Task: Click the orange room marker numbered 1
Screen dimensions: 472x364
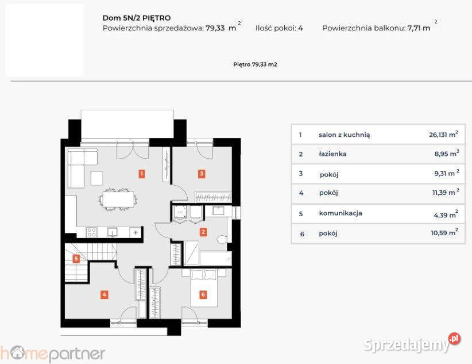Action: point(141,174)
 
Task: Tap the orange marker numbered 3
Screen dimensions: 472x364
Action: point(202,174)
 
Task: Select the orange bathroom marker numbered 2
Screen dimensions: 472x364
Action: point(203,232)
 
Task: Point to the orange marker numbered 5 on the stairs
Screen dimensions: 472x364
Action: point(76,258)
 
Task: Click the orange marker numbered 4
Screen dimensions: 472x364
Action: point(104,294)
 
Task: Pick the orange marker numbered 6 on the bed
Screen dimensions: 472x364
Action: point(203,294)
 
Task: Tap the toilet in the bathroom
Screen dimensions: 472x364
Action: point(222,239)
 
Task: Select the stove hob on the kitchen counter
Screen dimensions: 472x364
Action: point(91,232)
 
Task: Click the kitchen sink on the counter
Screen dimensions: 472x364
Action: point(113,232)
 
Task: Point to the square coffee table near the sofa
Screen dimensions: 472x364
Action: point(96,178)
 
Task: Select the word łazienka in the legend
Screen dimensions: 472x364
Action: point(332,154)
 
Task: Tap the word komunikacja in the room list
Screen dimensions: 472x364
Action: point(341,213)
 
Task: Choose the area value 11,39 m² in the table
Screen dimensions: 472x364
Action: point(446,192)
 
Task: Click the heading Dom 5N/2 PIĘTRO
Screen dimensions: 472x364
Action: point(137,18)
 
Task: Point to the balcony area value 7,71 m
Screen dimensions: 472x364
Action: point(419,28)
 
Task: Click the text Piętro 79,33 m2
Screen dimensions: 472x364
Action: point(256,64)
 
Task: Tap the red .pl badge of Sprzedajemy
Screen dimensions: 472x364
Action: point(454,339)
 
